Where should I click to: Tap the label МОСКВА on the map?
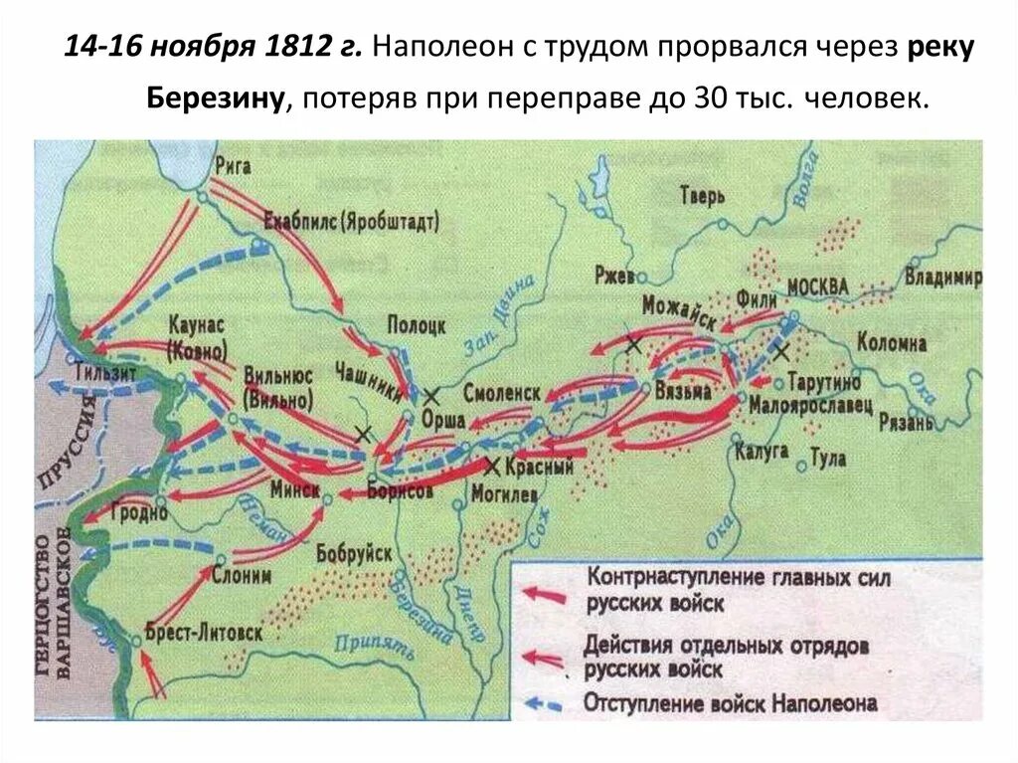[x=817, y=287]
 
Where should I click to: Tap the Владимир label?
[x=944, y=278]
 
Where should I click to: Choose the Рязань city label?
[x=907, y=423]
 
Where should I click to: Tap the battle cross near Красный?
[x=491, y=465]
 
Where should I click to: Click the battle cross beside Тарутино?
[x=782, y=351]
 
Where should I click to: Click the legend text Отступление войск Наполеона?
[x=732, y=704]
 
